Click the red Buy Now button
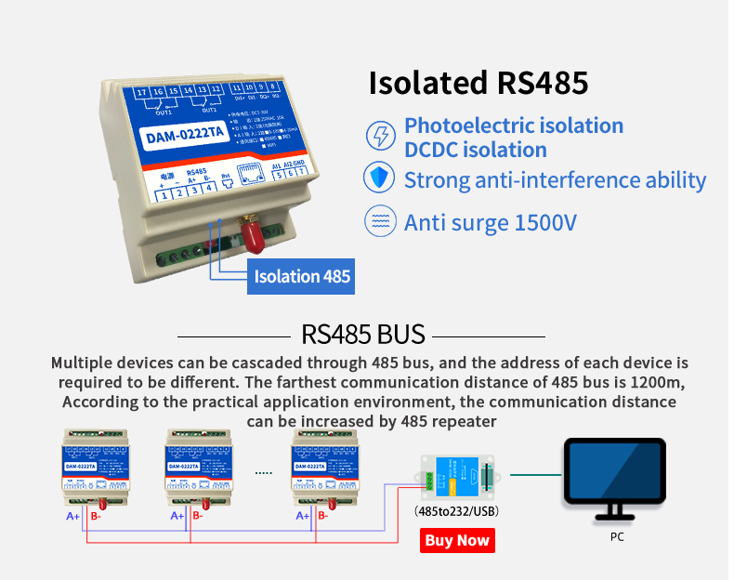(456, 540)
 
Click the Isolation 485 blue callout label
(301, 276)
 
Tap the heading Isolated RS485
(478, 82)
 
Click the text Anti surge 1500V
(491, 223)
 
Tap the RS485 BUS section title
(363, 335)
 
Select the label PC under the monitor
(617, 537)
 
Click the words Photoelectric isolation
(514, 125)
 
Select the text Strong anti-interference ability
(555, 179)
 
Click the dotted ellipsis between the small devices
(264, 473)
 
